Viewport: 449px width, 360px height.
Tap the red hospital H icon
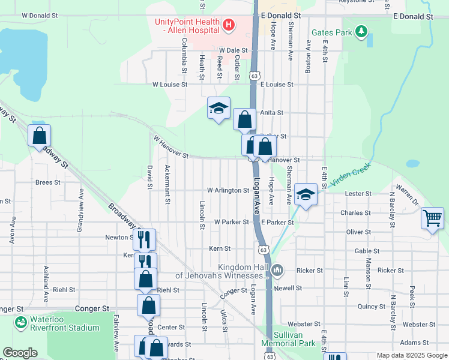pos(228,25)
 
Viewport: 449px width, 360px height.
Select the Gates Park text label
pos(331,32)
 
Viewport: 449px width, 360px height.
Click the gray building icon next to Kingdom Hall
pos(277,271)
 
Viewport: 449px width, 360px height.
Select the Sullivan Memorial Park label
pos(288,340)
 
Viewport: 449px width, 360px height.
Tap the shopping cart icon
pos(432,218)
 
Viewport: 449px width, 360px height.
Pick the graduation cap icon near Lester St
pos(306,194)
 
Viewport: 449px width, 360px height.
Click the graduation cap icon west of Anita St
pos(218,108)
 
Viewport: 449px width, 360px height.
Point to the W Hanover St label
pos(171,148)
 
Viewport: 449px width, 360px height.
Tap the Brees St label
pos(48,182)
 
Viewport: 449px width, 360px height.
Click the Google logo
pos(20,353)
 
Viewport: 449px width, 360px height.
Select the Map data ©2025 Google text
pos(411,355)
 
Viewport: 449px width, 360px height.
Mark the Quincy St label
pos(371,306)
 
